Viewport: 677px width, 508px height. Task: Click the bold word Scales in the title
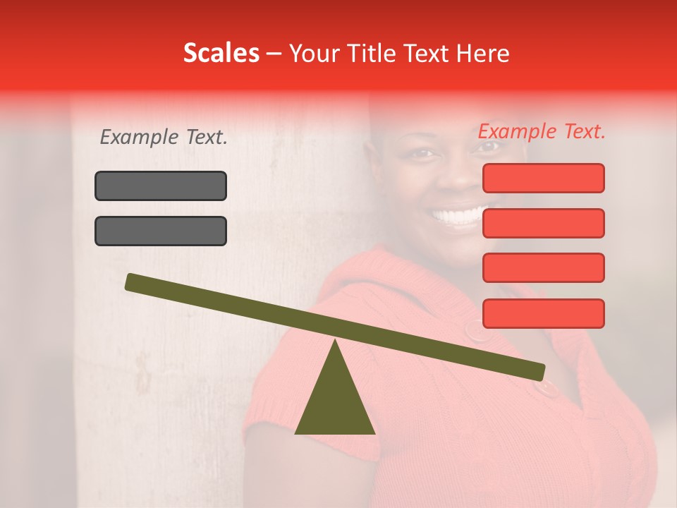[x=221, y=54]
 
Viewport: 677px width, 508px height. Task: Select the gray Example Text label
[x=164, y=138]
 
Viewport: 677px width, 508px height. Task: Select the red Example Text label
[x=542, y=131]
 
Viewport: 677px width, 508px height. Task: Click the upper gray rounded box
[x=161, y=186]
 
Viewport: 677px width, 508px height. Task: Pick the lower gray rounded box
[x=161, y=231]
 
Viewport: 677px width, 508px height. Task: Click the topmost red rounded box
[x=543, y=178]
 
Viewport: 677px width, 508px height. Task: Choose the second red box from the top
[x=543, y=223]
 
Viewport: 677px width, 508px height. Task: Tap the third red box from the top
[x=543, y=268]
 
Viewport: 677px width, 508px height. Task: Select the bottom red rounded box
[x=543, y=313]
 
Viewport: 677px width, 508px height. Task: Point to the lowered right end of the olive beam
[x=537, y=371]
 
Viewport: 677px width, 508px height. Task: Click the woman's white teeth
[x=460, y=214]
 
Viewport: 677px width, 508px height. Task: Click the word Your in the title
[x=313, y=54]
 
